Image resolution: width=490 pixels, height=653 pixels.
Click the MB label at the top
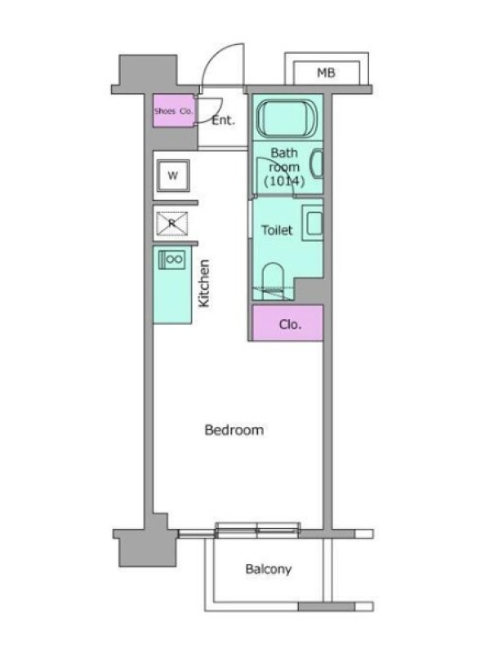pos(326,73)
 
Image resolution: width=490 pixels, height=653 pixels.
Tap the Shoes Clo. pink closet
pos(174,111)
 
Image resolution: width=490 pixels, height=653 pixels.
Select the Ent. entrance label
pos(223,120)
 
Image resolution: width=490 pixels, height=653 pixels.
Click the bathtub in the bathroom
pos(287,118)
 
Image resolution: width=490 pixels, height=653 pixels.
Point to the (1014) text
pos(284,181)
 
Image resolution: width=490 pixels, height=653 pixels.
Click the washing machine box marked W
pos(173,175)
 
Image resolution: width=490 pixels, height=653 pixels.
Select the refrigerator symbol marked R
pos(172,224)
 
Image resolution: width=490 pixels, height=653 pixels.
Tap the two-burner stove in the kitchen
pos(172,260)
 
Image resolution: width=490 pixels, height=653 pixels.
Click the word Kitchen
pos(203,283)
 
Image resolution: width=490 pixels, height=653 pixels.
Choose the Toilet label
pos(277,230)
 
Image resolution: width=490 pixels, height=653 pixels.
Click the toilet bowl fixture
pos(274,281)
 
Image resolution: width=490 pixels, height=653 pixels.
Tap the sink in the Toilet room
pos(314,223)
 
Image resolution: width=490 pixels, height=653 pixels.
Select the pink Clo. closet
pos(288,323)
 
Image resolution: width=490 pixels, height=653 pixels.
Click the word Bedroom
pos(234,430)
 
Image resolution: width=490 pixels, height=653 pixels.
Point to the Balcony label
pos(269,569)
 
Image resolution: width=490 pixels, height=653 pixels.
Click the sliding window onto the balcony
pos(257,530)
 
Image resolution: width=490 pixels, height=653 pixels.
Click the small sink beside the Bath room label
pos(318,163)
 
